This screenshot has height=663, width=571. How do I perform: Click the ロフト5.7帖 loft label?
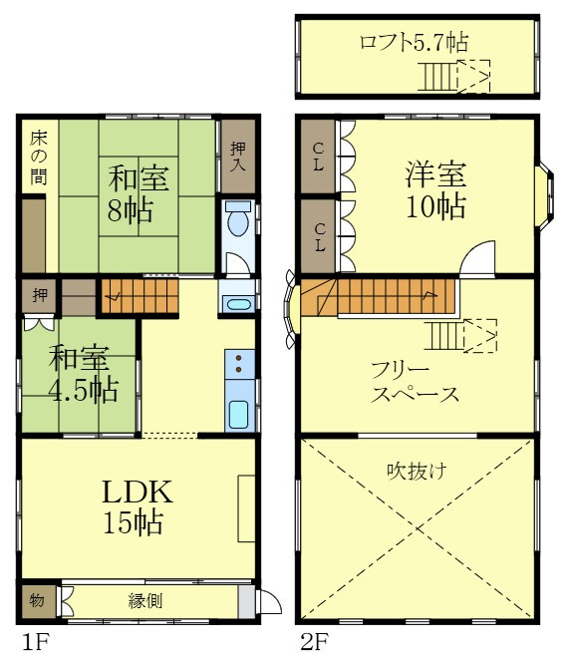414,43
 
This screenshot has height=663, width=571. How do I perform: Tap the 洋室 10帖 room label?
434,190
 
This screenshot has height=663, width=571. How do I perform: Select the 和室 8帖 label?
138,194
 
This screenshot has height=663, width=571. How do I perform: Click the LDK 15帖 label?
138,505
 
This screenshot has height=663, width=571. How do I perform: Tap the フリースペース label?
415,382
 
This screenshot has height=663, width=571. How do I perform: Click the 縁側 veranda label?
145,601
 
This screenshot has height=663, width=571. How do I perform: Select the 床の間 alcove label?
37,158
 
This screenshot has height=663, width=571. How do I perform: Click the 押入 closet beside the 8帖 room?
237,156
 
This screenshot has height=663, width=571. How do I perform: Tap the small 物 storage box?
36,601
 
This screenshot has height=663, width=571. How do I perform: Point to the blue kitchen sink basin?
238,414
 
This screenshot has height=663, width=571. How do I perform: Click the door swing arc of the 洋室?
476,258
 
